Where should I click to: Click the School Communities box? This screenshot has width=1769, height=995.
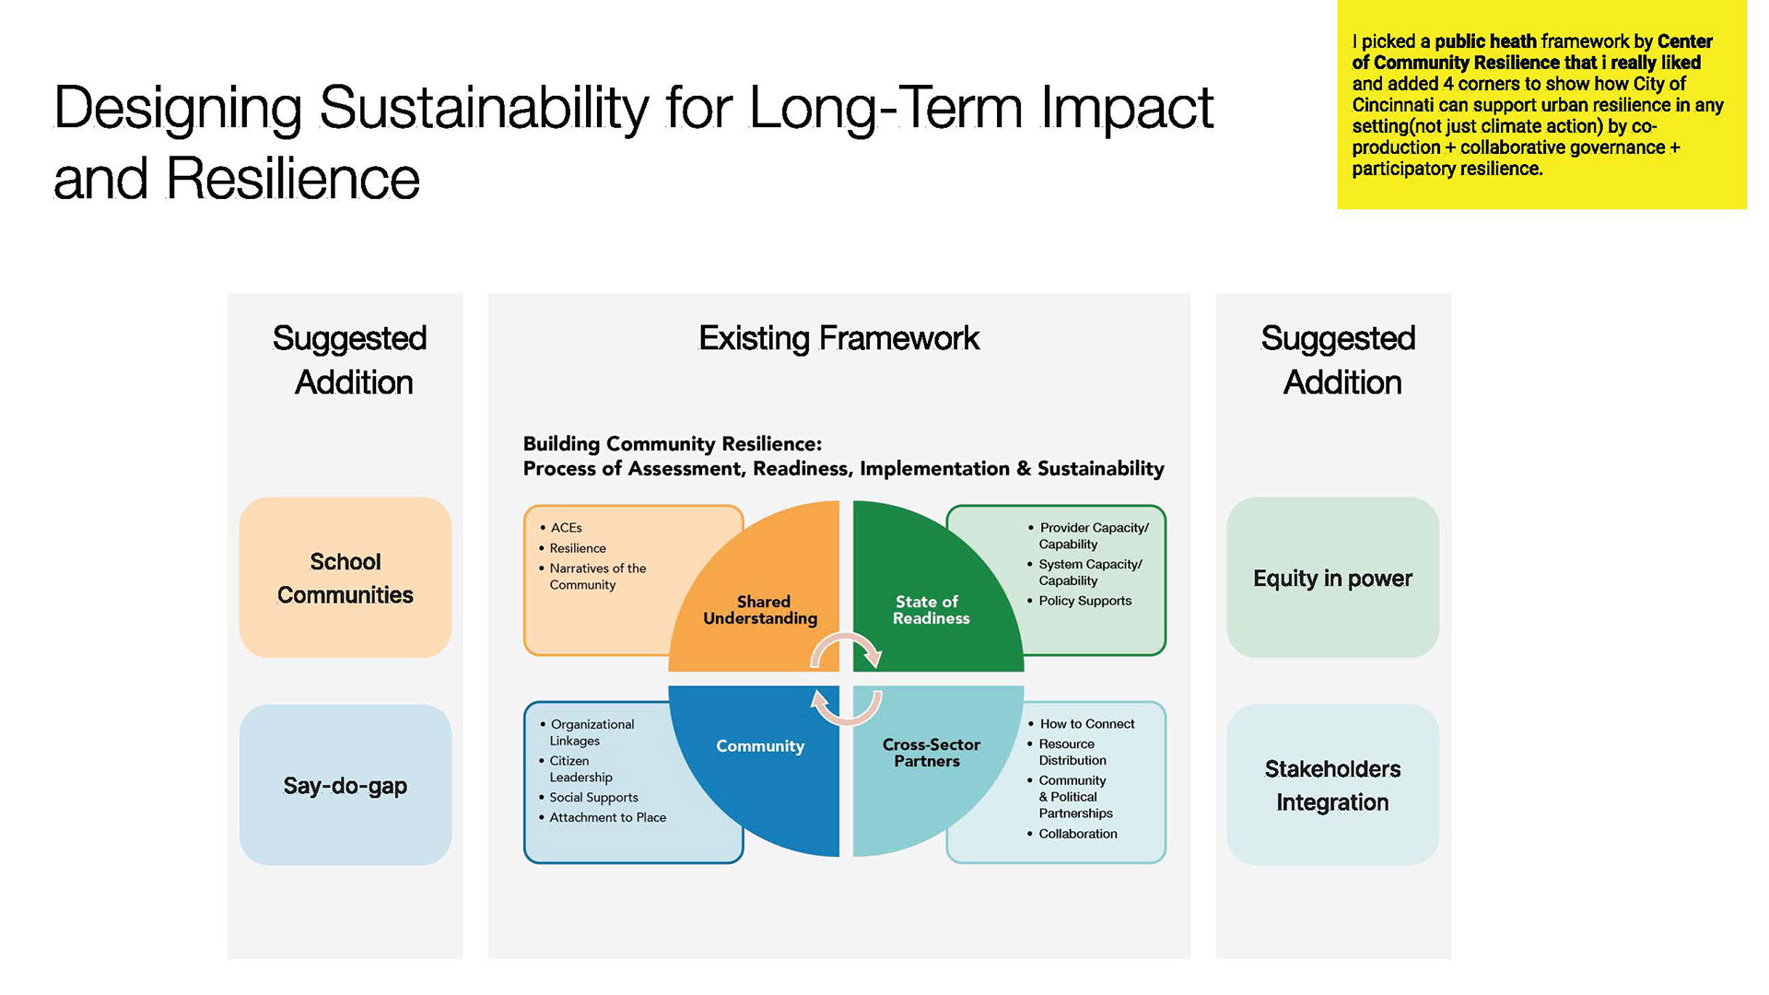pos(346,578)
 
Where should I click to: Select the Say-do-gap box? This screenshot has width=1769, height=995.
pos(346,785)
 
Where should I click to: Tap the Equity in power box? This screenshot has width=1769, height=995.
pos(1332,578)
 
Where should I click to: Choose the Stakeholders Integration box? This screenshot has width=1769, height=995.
pos(1332,785)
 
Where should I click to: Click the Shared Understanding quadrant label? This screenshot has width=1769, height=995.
pos(761,610)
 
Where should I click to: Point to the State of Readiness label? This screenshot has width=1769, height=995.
pos(930,610)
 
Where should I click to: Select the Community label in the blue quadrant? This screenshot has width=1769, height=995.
pos(760,745)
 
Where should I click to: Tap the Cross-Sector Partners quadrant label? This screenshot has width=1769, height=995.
pos(931,753)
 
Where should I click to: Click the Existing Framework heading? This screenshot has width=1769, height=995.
pos(838,338)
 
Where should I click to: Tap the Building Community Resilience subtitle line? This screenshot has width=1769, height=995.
pos(673,444)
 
